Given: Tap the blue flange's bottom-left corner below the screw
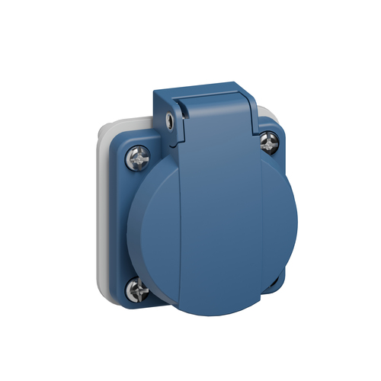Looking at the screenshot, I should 130,303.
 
